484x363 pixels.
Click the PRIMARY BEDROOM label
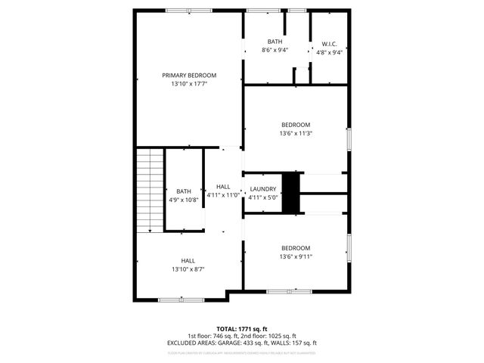189,75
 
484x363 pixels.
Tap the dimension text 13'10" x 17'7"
189,84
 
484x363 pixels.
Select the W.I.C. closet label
328,43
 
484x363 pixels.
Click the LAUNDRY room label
263,188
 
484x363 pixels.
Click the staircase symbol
150,190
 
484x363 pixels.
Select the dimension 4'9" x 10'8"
184,200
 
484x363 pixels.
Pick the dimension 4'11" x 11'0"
223,195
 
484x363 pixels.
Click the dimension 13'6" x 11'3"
296,133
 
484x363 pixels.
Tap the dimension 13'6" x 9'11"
296,256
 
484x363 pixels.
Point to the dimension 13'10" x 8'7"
188,269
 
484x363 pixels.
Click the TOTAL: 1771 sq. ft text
242,329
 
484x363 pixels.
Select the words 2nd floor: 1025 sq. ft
268,336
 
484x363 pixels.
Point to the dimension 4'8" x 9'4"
328,52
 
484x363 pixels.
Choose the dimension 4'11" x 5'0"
263,197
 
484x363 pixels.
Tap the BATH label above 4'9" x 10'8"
184,191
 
